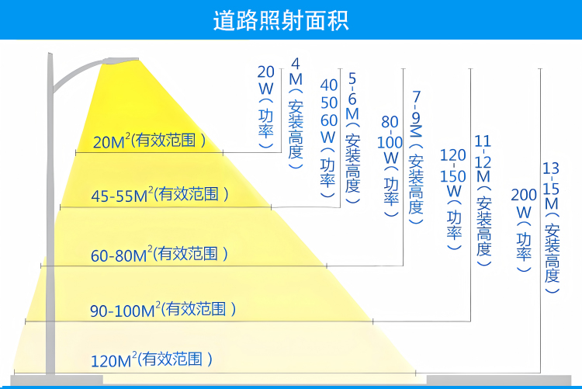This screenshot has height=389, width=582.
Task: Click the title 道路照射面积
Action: click(x=281, y=20)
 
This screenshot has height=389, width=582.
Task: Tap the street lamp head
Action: click(x=120, y=61)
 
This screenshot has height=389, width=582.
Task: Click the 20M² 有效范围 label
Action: click(x=149, y=141)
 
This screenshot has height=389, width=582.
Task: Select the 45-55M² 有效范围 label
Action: click(x=160, y=194)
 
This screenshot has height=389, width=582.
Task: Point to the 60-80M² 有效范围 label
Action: click(x=159, y=254)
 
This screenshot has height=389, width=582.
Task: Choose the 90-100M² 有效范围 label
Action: click(x=163, y=310)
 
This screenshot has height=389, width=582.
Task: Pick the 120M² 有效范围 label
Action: click(x=152, y=359)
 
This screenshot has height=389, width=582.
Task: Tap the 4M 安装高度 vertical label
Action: click(x=296, y=113)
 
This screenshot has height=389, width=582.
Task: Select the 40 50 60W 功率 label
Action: click(x=328, y=138)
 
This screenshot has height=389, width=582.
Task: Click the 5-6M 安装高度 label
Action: click(x=352, y=138)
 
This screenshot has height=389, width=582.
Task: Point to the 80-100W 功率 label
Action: click(x=390, y=166)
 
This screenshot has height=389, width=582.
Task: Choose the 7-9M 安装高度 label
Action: click(x=416, y=158)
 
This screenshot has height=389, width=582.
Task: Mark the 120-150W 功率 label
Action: click(x=453, y=199)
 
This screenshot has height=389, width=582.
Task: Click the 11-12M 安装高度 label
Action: click(x=483, y=200)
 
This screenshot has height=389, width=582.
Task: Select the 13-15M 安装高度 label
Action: click(x=551, y=227)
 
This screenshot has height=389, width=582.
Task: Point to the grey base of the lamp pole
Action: click(x=57, y=380)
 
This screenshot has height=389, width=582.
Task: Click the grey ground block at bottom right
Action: click(x=499, y=380)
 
